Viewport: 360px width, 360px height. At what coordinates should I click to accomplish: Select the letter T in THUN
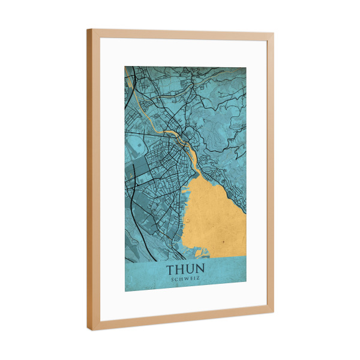(x=170, y=269)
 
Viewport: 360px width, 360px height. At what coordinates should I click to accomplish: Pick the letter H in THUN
(x=181, y=269)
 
